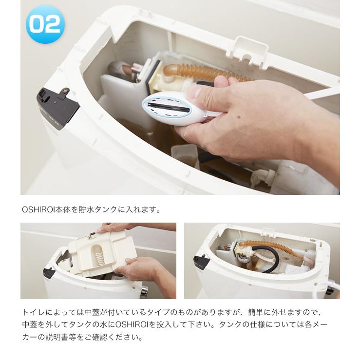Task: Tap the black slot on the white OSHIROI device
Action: [x=163, y=103]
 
